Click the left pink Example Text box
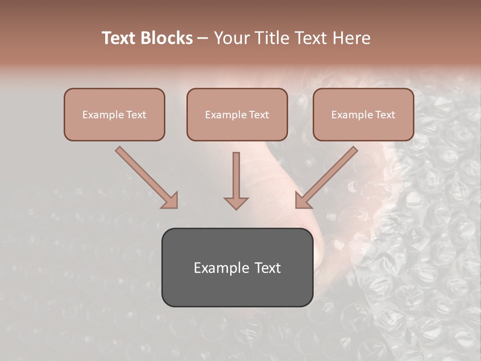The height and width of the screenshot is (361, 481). point(114,114)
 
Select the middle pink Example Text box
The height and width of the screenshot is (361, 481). point(237,114)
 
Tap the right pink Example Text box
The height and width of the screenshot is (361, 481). point(363,114)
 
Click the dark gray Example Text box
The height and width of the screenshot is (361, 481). point(237,268)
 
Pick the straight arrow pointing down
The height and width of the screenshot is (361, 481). point(236,180)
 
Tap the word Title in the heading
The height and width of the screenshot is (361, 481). point(277,38)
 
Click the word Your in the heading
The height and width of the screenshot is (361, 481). point(231,38)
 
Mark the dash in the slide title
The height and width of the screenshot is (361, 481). point(203,38)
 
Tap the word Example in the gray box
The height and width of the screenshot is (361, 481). point(220,268)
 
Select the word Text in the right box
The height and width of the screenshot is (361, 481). point(385,115)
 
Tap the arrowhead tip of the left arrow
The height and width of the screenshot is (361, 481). point(176,206)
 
